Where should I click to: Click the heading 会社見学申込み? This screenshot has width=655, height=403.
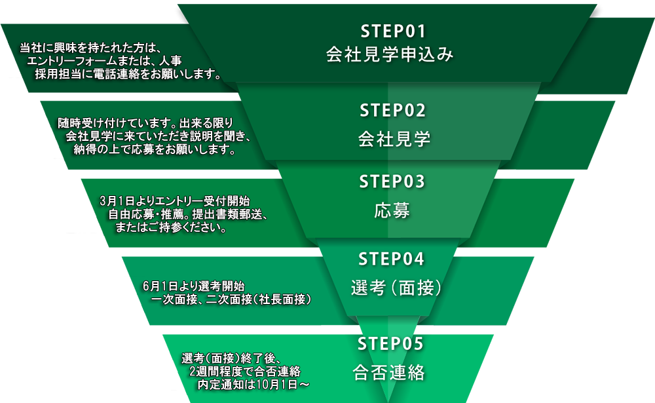point(390,54)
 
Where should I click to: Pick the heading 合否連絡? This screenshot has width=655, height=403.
point(389,372)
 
